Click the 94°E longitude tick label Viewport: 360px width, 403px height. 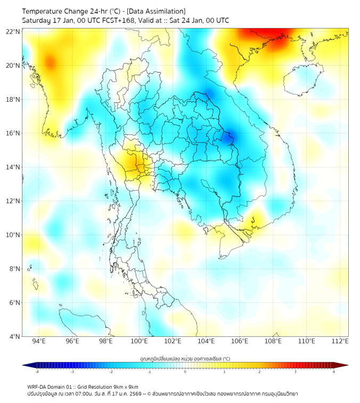coord(39,341)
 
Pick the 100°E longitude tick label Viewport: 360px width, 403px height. coord(140,341)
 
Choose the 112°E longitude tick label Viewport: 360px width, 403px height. coord(340,341)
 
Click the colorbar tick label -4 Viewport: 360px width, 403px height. coord(36,372)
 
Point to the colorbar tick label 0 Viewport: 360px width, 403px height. coord(185,372)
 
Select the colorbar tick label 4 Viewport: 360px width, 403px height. coord(334,372)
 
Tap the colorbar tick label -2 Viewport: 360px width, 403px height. coord(111,372)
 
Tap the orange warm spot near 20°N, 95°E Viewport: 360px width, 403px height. coord(50,63)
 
